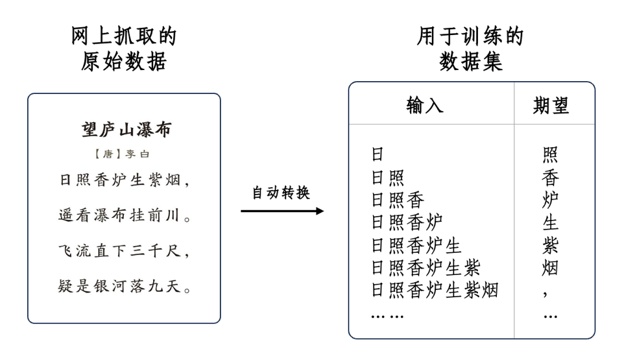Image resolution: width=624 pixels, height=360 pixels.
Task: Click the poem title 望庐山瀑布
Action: (x=126, y=130)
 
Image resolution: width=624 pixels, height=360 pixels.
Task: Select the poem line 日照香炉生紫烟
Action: (x=125, y=180)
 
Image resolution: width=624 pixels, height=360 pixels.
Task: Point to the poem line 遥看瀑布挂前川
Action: (x=125, y=215)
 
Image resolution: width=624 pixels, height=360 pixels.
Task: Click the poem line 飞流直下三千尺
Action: (x=125, y=251)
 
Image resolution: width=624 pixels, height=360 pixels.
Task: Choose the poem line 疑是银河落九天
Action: (x=125, y=286)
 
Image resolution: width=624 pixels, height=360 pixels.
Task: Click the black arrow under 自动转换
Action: (x=282, y=211)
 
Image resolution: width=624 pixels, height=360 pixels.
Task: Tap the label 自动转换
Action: (x=281, y=193)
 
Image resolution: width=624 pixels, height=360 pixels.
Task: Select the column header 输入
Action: (x=425, y=105)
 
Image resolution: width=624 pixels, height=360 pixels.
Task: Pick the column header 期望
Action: (x=551, y=105)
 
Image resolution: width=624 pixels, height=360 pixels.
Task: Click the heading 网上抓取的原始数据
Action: (x=124, y=49)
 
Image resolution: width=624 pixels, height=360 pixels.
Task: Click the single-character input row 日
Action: (x=378, y=154)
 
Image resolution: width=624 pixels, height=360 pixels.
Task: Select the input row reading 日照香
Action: (x=397, y=200)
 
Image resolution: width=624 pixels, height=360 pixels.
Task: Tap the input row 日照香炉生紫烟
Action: (x=434, y=290)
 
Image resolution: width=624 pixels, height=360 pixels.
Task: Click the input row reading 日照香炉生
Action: (x=416, y=245)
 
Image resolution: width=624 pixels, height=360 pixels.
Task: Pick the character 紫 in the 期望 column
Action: (x=550, y=245)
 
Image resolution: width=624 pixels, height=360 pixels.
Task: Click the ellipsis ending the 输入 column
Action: (x=387, y=316)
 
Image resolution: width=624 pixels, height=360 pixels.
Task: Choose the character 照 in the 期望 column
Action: (x=550, y=154)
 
